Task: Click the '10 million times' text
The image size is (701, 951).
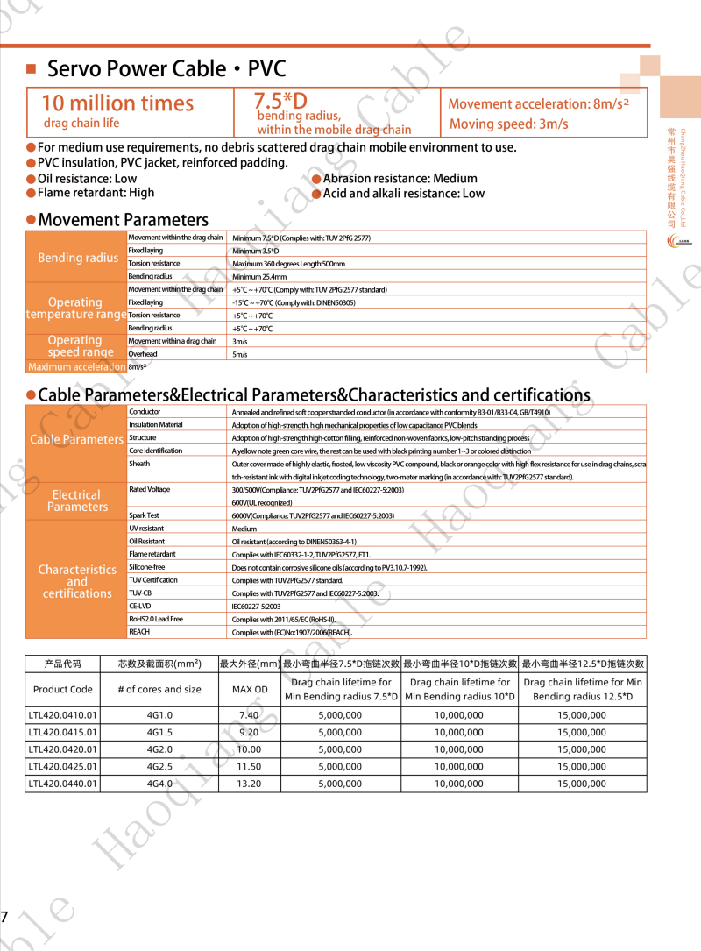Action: pos(117,103)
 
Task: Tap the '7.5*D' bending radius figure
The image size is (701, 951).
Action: pos(280,100)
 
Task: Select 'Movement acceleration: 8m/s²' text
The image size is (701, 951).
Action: pos(539,103)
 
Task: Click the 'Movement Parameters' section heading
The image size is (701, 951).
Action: pos(123,220)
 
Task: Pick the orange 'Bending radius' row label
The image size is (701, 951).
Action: pos(77,258)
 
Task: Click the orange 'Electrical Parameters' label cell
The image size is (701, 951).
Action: pos(77,500)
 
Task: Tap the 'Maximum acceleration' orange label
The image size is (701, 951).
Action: pos(77,367)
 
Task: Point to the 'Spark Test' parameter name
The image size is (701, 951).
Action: pos(144,515)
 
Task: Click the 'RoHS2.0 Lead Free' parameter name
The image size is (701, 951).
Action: pos(156,619)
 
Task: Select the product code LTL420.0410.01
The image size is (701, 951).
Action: pos(63,715)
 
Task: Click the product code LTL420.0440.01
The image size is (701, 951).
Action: pos(63,784)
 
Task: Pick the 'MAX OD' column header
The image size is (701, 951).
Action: pos(249,689)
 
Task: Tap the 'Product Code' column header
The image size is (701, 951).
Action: pos(63,689)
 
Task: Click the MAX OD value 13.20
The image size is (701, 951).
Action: pos(249,784)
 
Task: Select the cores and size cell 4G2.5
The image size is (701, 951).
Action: pos(159,767)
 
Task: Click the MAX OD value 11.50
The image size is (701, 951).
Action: pos(249,767)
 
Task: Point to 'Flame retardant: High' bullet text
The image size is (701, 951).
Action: pos(96,193)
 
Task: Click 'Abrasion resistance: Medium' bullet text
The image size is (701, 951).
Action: pos(400,179)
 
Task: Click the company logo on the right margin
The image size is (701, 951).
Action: pos(679,241)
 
